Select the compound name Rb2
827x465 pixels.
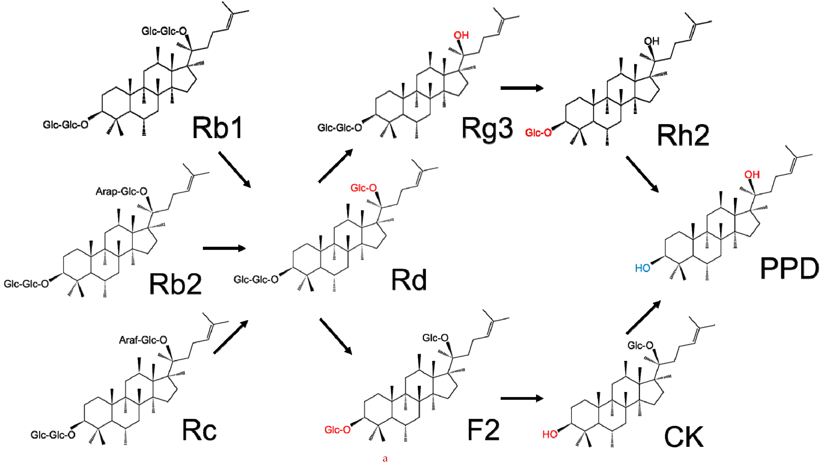pyautogui.click(x=175, y=284)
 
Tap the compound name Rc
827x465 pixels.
pyautogui.click(x=199, y=430)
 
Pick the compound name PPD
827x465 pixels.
pyautogui.click(x=789, y=268)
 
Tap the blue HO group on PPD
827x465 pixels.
pyautogui.click(x=642, y=268)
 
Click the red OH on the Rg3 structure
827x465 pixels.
pyautogui.click(x=461, y=35)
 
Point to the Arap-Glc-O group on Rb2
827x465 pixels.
pyautogui.click(x=121, y=192)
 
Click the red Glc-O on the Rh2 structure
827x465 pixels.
pyautogui.click(x=538, y=133)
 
